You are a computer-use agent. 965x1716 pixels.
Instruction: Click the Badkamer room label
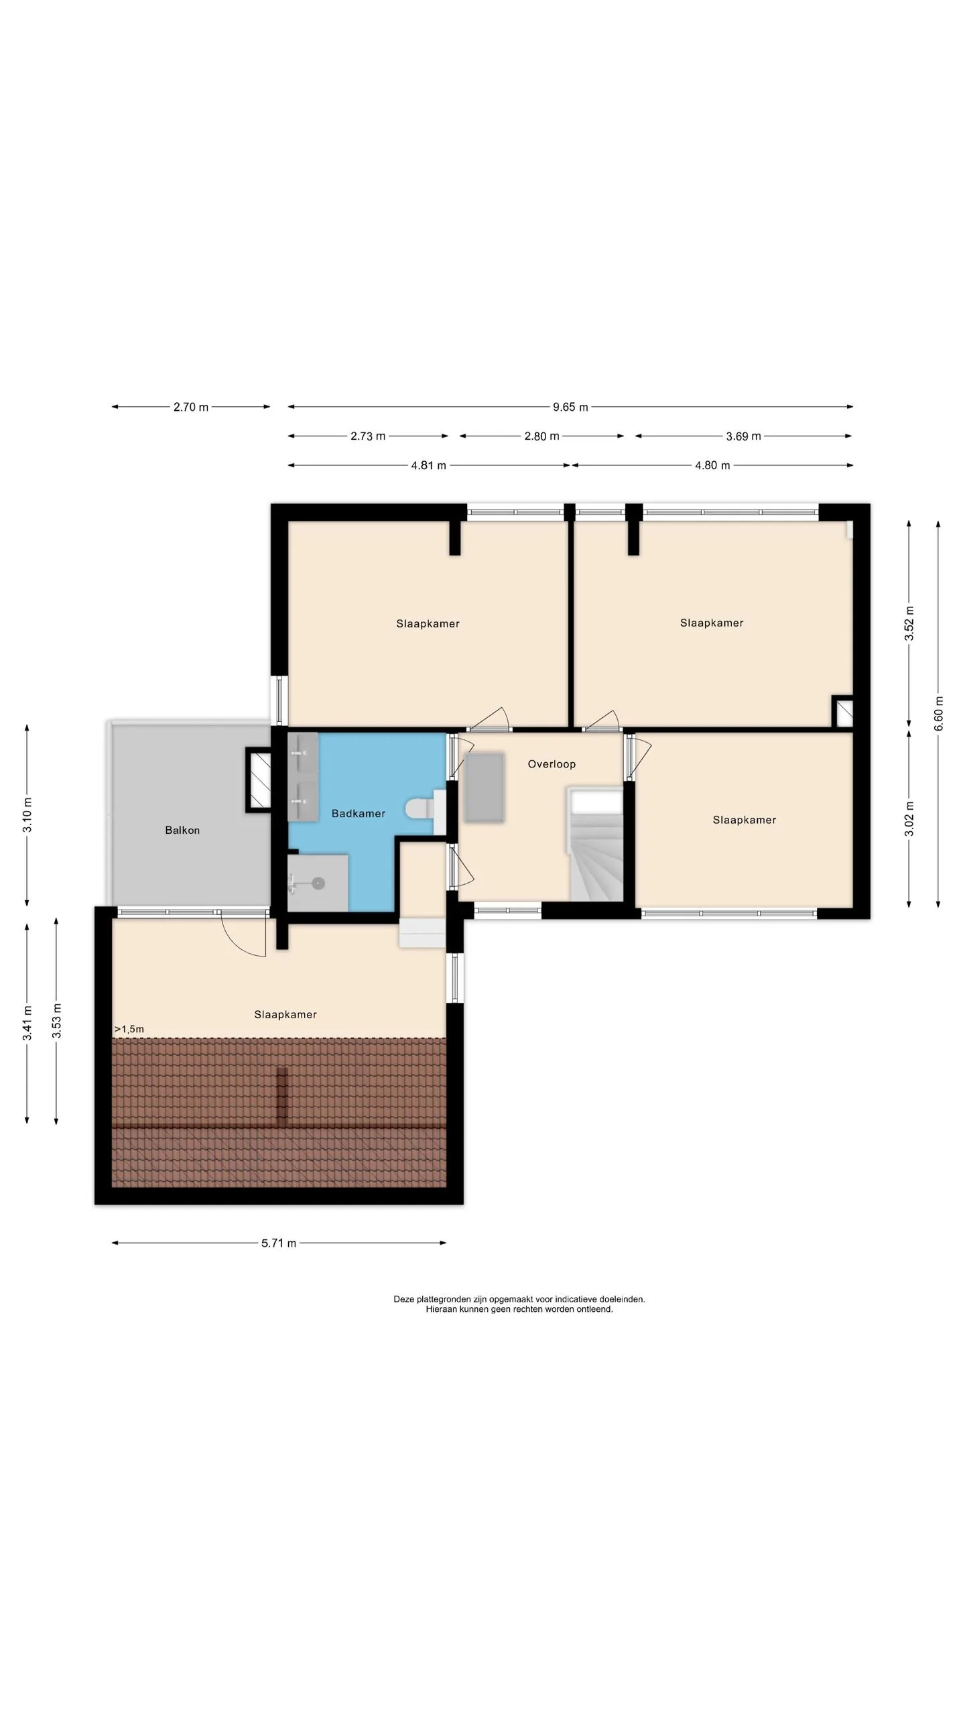[359, 814]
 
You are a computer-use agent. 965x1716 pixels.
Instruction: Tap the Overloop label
[552, 764]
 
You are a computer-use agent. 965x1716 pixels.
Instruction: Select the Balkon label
[182, 831]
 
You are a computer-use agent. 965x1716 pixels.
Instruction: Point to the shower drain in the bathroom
[318, 883]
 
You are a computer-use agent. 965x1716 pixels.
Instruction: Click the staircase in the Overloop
[596, 845]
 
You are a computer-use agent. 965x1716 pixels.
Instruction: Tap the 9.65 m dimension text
[570, 407]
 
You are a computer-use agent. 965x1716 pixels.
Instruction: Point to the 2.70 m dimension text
[191, 407]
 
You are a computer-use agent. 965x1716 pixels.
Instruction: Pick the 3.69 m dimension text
[743, 436]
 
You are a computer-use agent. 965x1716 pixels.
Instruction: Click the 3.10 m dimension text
[27, 814]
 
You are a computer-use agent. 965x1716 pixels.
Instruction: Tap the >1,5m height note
[129, 1029]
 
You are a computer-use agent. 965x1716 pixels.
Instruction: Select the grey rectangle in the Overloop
[485, 787]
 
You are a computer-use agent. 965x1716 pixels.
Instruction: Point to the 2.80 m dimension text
[541, 436]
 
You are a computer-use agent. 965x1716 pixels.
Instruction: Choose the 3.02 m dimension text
[909, 819]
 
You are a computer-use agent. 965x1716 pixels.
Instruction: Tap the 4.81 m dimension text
[428, 466]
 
